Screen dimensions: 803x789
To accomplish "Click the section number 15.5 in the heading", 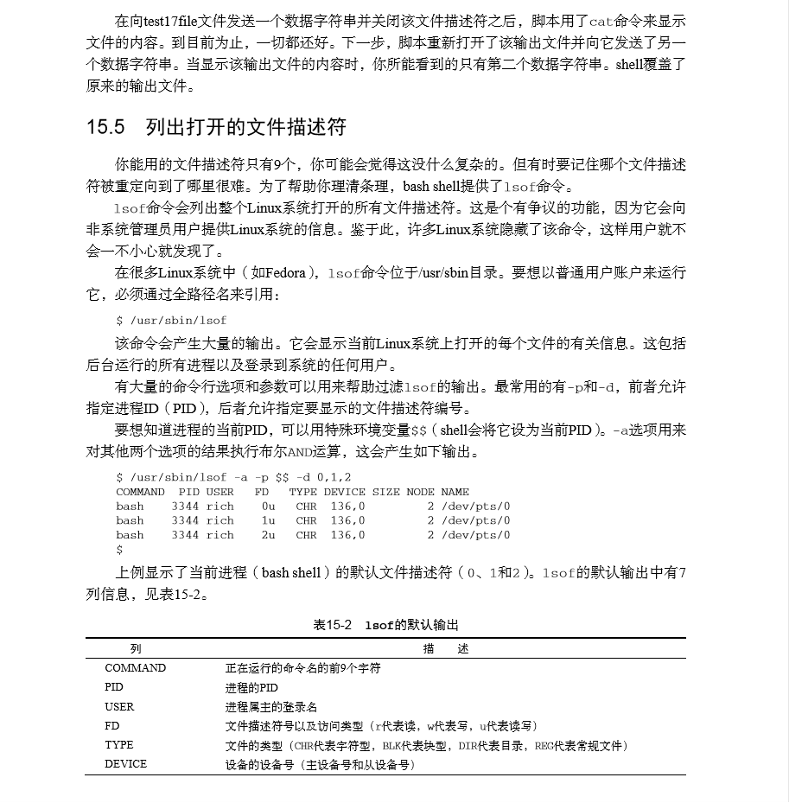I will coord(107,128).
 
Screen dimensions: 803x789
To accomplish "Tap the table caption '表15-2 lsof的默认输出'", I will coord(385,625).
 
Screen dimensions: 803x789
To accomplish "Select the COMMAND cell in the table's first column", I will coord(135,668).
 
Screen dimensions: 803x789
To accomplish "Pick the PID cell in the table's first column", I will coord(114,687).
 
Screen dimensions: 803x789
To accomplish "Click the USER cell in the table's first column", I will coord(119,706).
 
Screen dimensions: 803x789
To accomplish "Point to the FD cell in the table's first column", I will coord(112,726).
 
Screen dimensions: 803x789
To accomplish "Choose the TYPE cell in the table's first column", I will coord(119,745).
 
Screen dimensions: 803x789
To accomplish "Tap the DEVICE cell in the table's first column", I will coord(126,764).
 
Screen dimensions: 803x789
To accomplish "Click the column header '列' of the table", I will coord(136,648).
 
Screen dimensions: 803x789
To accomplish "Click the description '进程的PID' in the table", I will coord(251,687).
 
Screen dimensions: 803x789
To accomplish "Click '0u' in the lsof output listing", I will coord(268,507).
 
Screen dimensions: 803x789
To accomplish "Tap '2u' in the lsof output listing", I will coord(268,535).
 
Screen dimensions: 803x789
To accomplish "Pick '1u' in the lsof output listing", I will coord(268,520).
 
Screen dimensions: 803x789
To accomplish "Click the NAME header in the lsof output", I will coord(455,492).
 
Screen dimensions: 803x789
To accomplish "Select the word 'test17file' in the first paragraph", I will coord(175,20).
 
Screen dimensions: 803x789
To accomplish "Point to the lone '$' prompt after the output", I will coord(119,550).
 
